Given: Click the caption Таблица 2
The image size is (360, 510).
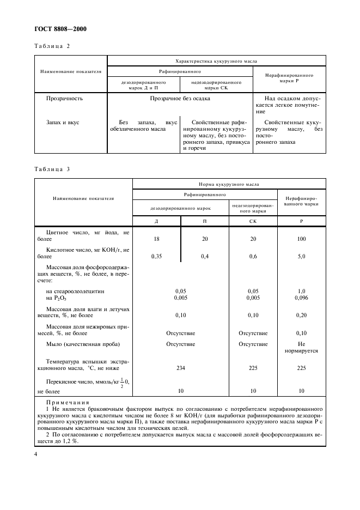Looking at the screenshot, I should tap(52, 46).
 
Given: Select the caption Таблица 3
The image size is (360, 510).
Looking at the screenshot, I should tap(52, 169).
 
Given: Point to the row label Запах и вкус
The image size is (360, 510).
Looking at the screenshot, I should tap(63, 123).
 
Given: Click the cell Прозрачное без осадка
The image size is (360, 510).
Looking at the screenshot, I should tap(180, 99).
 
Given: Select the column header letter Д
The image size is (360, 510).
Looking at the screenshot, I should tap(157, 221).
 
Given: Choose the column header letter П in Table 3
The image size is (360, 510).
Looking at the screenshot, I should tap(205, 221).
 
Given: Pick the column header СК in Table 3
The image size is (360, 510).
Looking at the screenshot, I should tap(253, 221).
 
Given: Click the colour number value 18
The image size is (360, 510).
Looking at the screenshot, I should tap(157, 239).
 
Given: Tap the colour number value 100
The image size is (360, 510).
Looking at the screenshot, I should tap(302, 239).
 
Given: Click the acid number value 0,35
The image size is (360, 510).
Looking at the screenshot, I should tap(157, 256).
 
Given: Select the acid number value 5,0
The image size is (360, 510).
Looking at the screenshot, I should tap(302, 256).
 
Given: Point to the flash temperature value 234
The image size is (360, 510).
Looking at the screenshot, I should tap(181, 368).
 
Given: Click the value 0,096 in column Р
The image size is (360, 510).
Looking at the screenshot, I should tap(302, 297).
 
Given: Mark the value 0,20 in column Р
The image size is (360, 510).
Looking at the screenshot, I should tap(302, 315).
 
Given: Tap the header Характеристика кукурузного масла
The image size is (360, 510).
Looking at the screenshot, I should tap(216, 62).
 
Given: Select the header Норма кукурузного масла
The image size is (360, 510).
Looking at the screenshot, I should tap(229, 185).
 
